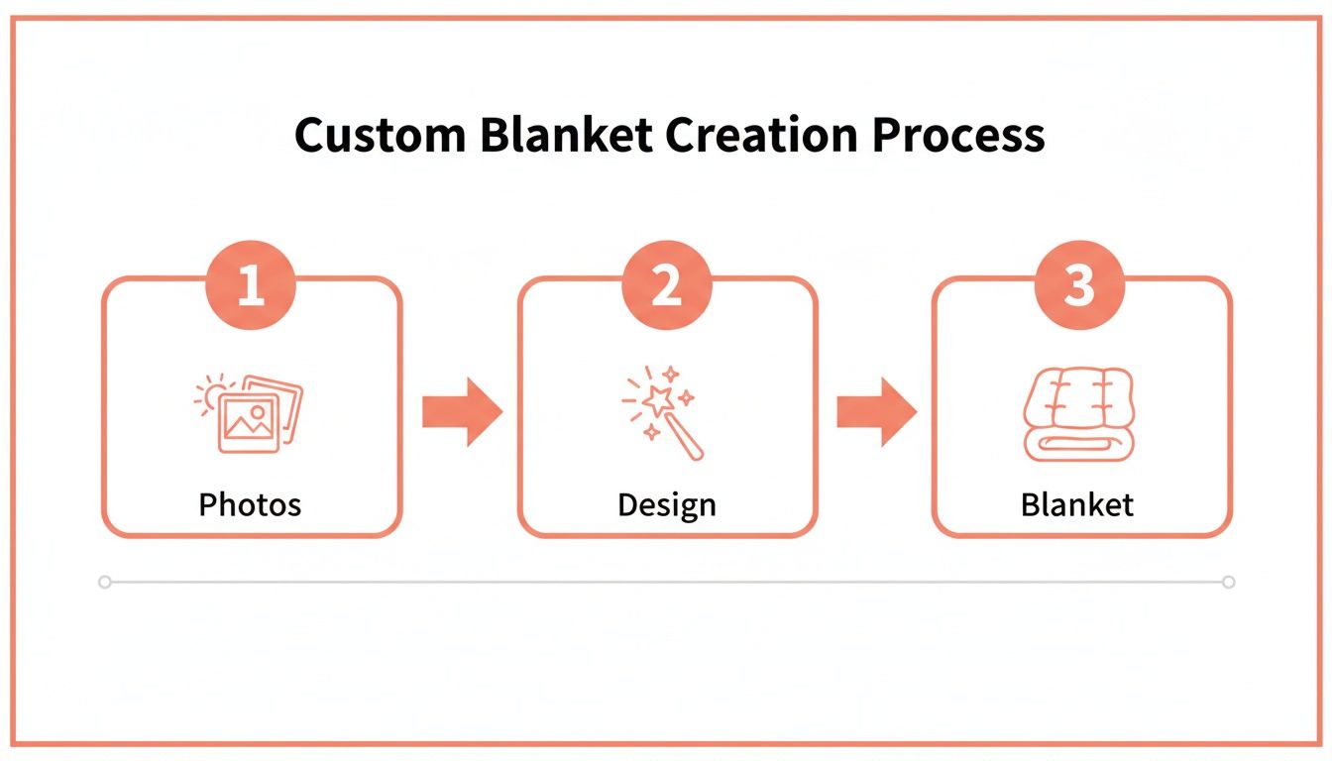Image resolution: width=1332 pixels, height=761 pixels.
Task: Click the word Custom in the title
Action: click(380, 136)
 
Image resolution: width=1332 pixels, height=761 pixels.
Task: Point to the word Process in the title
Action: click(958, 136)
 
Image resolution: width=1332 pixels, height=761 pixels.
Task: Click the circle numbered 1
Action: click(251, 286)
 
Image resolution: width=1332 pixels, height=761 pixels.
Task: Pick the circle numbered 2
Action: click(667, 286)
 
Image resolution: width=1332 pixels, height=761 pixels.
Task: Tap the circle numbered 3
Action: click(1079, 286)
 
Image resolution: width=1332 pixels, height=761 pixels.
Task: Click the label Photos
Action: click(250, 504)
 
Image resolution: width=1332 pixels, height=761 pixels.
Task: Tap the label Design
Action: click(666, 504)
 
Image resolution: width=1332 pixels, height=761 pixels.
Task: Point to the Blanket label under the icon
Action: click(1077, 504)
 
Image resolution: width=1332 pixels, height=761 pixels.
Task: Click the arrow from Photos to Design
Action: click(462, 411)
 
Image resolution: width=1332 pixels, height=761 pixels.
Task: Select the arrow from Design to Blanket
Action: click(876, 411)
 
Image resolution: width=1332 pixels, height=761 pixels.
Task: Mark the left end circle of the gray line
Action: click(105, 583)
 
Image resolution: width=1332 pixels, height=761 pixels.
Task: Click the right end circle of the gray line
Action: click(1229, 583)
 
